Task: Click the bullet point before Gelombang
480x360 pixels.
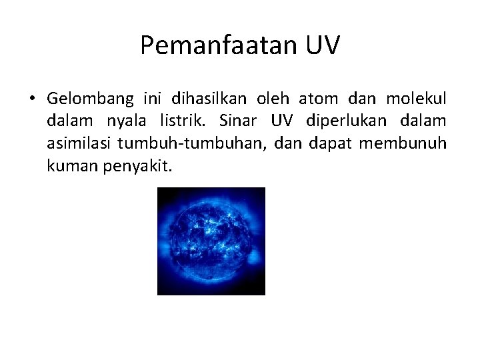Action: click(x=31, y=100)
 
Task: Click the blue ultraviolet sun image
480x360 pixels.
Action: click(x=211, y=241)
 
